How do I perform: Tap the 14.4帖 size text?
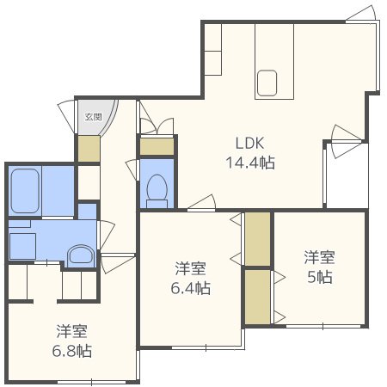tap(250, 162)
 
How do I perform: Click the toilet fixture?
tap(157, 190)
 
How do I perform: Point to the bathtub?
tap(26, 191)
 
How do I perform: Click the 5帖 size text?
tap(319, 277)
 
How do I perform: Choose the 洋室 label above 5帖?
tap(319, 257)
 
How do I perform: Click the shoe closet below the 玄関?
tap(88, 149)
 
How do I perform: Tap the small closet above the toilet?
tap(157, 147)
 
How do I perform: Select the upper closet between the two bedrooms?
tap(257, 238)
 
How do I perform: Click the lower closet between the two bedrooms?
tap(257, 296)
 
